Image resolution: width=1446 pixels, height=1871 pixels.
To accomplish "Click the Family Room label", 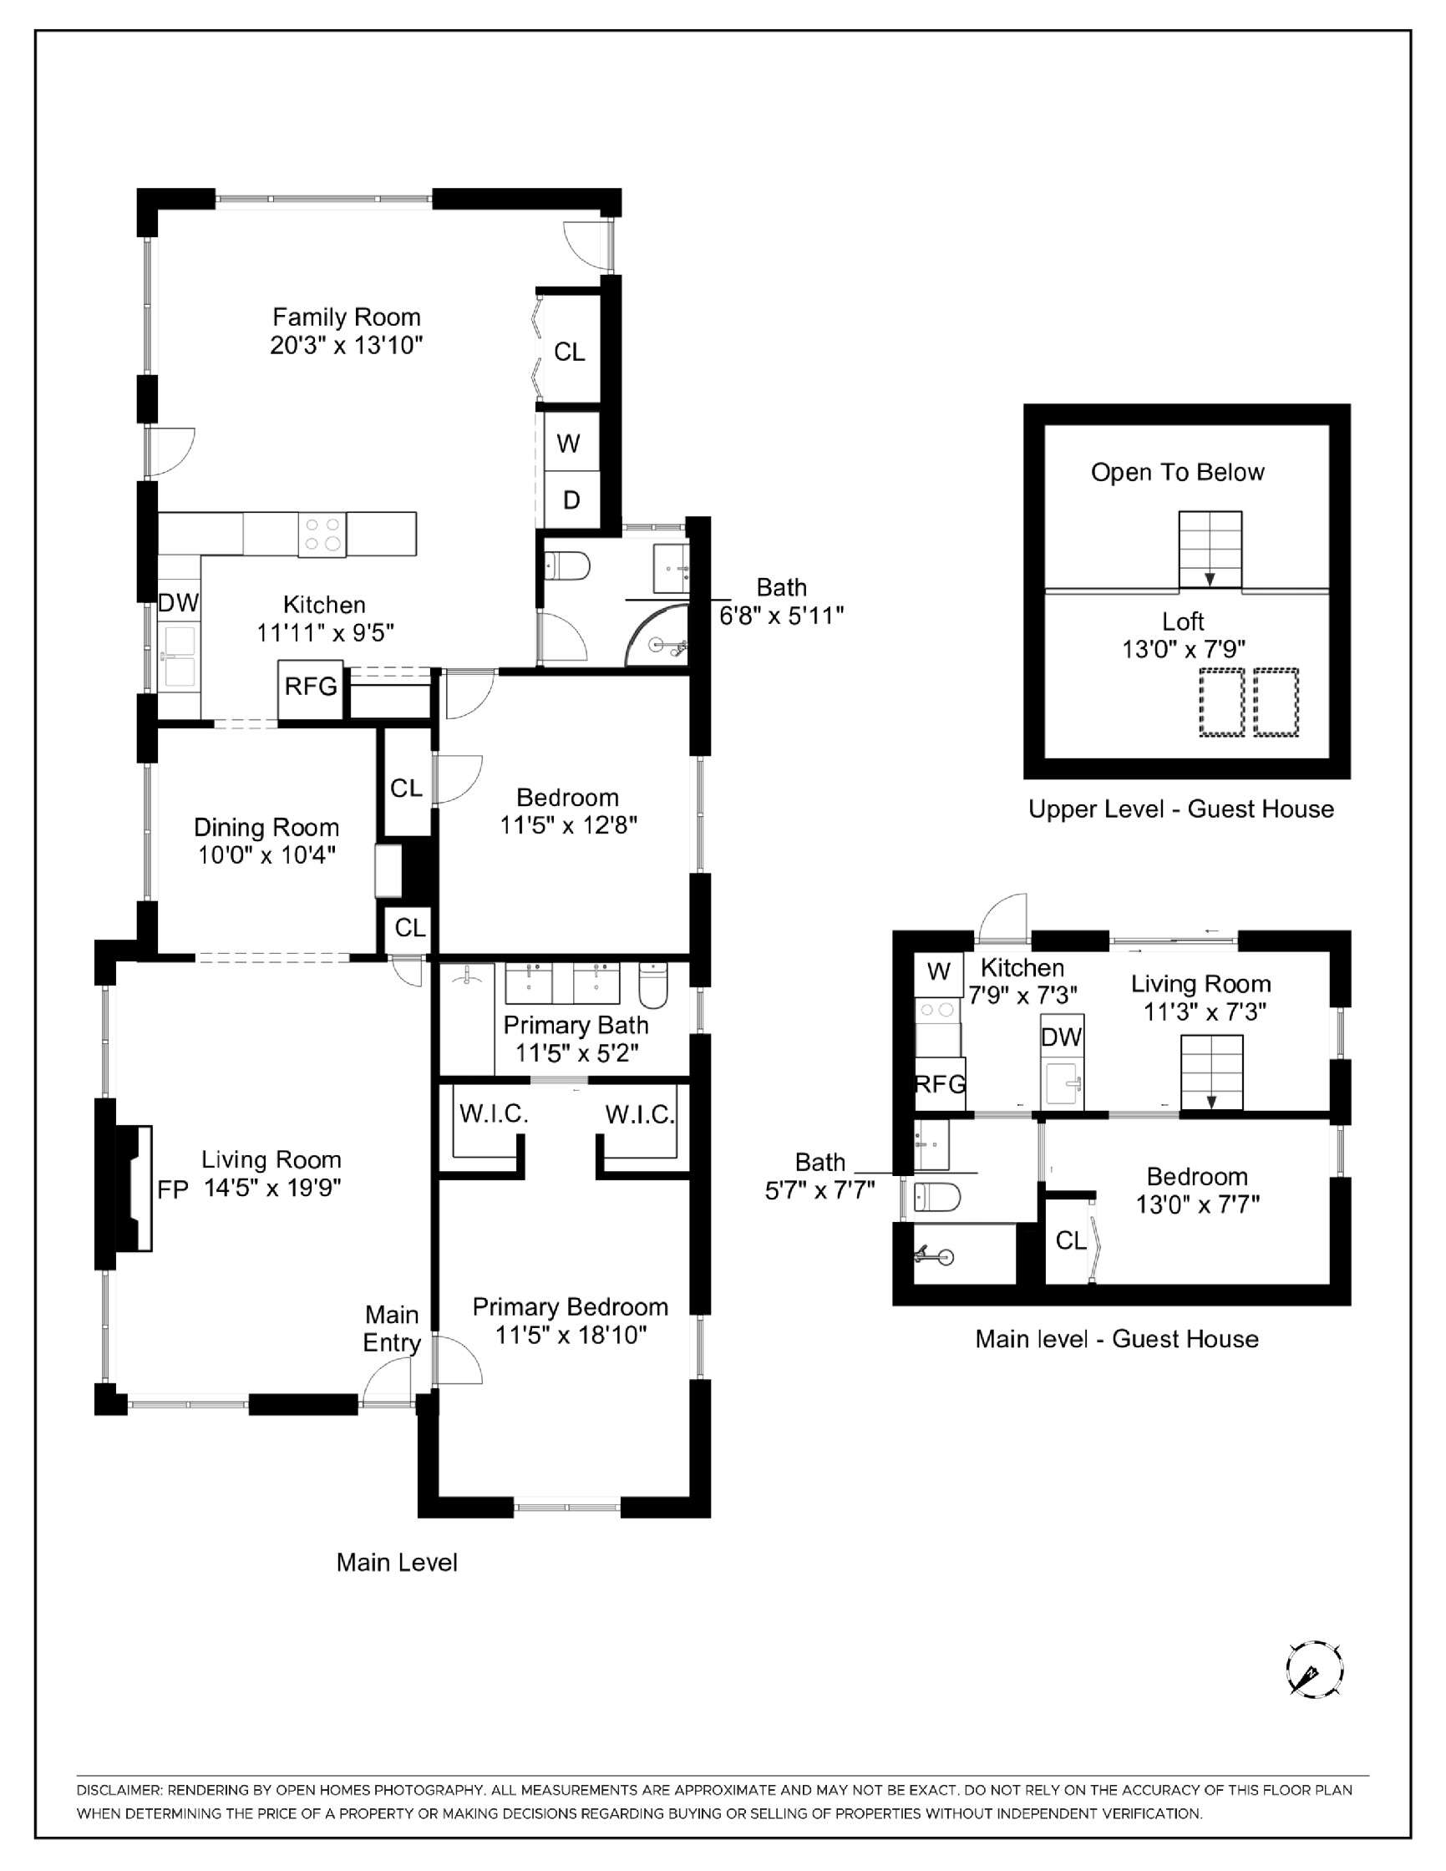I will [346, 318].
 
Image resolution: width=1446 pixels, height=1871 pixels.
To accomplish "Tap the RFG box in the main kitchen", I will [310, 687].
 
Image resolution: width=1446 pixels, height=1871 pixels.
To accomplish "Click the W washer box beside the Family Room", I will [568, 443].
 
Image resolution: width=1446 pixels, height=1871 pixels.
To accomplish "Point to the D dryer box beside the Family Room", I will [571, 499].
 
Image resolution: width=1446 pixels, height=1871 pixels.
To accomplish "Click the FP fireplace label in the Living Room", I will [172, 1190].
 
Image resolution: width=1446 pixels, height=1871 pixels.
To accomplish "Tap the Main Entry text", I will [392, 1329].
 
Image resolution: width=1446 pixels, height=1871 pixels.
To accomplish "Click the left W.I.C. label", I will [494, 1113].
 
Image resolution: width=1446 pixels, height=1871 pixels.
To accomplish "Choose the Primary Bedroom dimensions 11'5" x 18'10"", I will [571, 1335].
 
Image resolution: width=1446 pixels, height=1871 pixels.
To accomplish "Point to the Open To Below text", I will [1177, 472].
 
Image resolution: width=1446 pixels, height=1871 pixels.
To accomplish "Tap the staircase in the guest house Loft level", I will [1210, 549].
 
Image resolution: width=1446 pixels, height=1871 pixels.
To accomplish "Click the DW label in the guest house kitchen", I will [1062, 1037].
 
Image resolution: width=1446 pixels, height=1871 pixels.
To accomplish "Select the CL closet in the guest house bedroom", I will [1070, 1240].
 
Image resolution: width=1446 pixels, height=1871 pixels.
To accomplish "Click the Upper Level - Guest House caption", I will [1180, 809].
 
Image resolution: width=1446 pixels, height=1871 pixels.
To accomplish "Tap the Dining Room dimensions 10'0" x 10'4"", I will [266, 855].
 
